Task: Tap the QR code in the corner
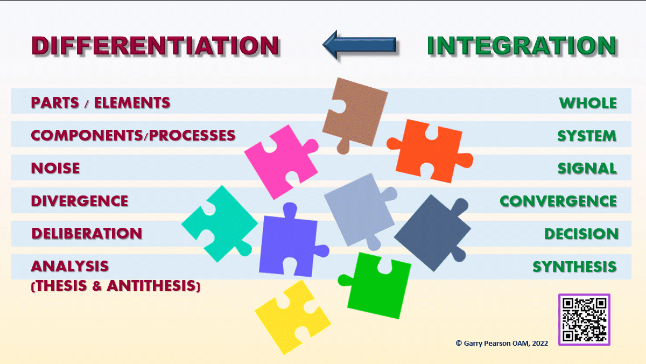pos(584,319)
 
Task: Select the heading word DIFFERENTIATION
pos(155,46)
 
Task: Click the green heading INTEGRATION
pos(522,46)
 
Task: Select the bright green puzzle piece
pos(376,285)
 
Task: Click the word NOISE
pos(55,168)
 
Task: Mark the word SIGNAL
pos(587,168)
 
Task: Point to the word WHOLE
pos(588,102)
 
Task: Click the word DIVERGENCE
pos(80,201)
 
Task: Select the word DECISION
pos(581,234)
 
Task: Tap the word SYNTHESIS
pos(574,267)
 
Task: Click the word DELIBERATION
pos(87,234)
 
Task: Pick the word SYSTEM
pos(587,135)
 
